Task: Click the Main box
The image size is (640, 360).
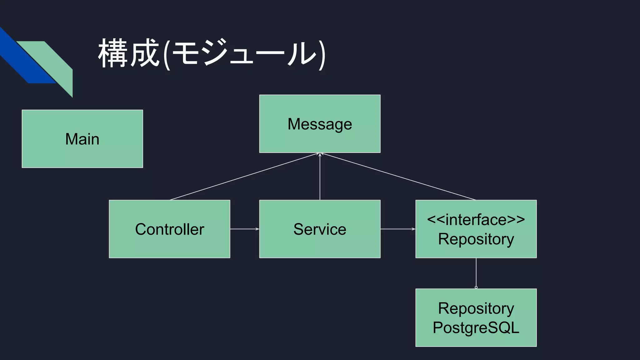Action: pos(82,139)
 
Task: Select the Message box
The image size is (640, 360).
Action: pos(320,124)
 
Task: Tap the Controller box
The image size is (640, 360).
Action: pos(169,229)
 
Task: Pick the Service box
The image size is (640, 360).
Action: pos(320,229)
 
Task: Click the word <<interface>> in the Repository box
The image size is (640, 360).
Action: pos(476,219)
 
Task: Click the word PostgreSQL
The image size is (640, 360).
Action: pos(476,327)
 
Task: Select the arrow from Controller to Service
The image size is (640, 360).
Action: pos(244,229)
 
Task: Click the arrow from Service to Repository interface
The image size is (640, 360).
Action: pos(397,229)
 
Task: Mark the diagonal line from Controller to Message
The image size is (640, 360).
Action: pos(244,177)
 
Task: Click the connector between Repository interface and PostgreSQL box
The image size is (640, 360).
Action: pos(476,272)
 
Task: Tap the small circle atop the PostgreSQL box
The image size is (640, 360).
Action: pos(476,287)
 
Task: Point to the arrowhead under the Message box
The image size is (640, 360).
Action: pos(320,154)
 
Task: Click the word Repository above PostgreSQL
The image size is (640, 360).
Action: pos(476,308)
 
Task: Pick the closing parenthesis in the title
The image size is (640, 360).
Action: pos(322,55)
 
